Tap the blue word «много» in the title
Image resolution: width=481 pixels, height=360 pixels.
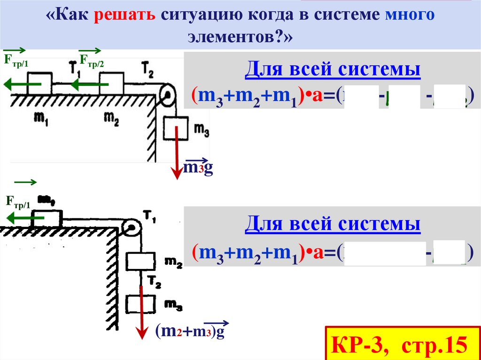click(410, 16)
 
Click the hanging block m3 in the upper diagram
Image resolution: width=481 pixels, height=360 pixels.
click(176, 130)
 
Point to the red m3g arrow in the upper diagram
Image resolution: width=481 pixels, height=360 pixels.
click(177, 155)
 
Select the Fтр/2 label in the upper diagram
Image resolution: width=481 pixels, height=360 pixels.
click(92, 60)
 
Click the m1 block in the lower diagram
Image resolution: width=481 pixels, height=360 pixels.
click(46, 218)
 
